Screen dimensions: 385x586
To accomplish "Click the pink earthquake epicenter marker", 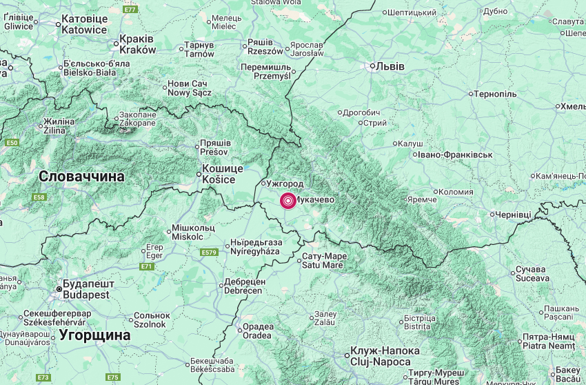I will coord(287,200).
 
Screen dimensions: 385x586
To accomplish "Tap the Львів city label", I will coord(390,66).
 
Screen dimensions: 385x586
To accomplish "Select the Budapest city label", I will coord(86,289).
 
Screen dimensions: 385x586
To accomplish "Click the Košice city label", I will coord(222,174).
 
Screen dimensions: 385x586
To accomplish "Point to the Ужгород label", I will coord(285,184).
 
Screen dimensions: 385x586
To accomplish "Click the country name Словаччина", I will coord(81,177).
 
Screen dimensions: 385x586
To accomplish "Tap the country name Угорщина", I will coord(94,335).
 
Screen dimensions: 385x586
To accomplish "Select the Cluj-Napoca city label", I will coord(380,356).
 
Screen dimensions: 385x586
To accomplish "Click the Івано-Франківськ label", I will coord(455,155).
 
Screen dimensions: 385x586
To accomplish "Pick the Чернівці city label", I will coord(514,215).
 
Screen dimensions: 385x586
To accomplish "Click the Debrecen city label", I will coord(244,286).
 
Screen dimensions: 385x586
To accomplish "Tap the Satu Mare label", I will coord(324,261).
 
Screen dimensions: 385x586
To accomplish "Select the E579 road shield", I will coord(210,253).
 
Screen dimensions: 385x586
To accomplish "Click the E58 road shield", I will coord(39,197).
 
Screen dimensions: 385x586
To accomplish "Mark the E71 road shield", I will coord(146,266).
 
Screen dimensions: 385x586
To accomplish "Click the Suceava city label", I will coord(533,274).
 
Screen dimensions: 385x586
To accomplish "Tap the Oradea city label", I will coord(257,331).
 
